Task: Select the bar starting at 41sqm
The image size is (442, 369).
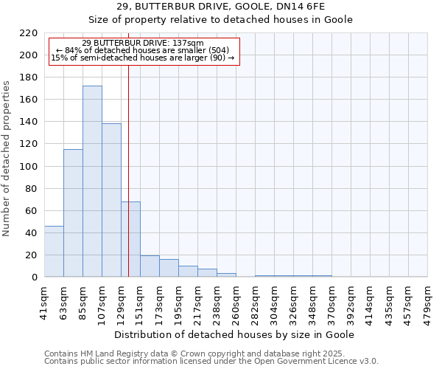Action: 54,252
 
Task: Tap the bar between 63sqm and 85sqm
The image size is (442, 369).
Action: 73,213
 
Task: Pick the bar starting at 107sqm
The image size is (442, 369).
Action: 111,200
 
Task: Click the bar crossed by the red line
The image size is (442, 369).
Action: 130,239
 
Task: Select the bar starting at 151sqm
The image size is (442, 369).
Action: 150,266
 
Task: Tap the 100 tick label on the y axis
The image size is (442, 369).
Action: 30,167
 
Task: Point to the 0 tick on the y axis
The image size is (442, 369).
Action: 35,277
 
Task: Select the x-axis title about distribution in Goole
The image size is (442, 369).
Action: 236,334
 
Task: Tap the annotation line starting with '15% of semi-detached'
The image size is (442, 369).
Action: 143,58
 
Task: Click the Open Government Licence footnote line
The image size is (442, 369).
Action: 211,362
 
